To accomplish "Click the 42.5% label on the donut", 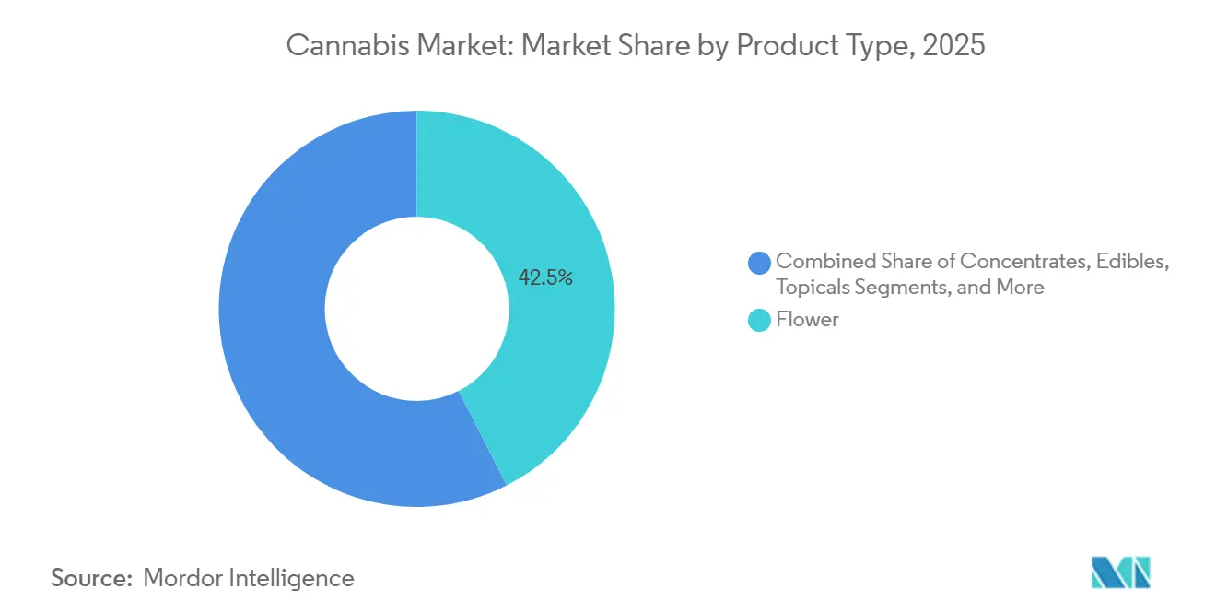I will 545,277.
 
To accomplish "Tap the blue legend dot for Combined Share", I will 760,263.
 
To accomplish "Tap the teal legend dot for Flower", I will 760,321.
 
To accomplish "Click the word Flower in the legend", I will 807,321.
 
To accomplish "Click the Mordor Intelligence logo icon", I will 1120,572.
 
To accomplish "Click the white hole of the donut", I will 416,309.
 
